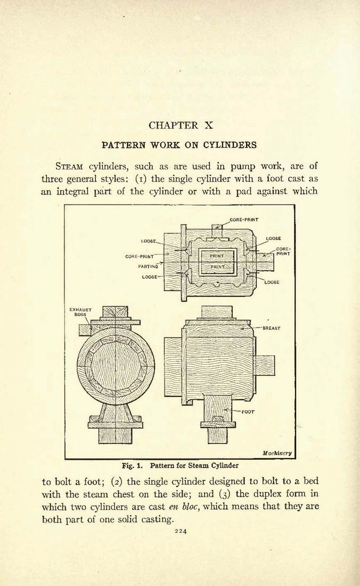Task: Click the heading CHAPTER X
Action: [x=181, y=125]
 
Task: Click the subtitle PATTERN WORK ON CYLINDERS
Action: [x=179, y=145]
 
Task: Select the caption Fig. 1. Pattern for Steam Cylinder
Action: [x=181, y=466]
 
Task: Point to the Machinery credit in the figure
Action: [x=277, y=453]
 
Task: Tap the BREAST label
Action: [x=272, y=328]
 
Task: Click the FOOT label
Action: [x=248, y=412]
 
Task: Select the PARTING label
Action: [x=148, y=267]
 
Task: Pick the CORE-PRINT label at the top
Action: [x=244, y=219]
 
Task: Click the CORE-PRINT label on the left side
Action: [x=140, y=257]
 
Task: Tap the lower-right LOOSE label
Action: [x=272, y=282]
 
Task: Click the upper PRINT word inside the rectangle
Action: [x=217, y=256]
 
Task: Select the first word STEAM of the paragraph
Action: [x=69, y=166]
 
